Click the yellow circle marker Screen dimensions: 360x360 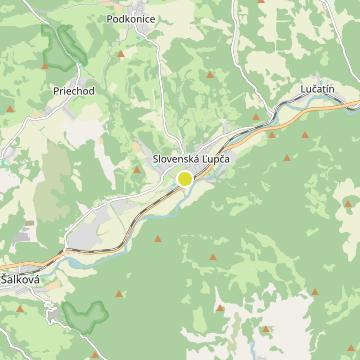(x=185, y=179)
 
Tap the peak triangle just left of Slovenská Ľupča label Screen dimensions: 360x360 (x=137, y=171)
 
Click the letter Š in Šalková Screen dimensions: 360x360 (x=5, y=281)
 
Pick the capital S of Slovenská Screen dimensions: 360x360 (x=145, y=159)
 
